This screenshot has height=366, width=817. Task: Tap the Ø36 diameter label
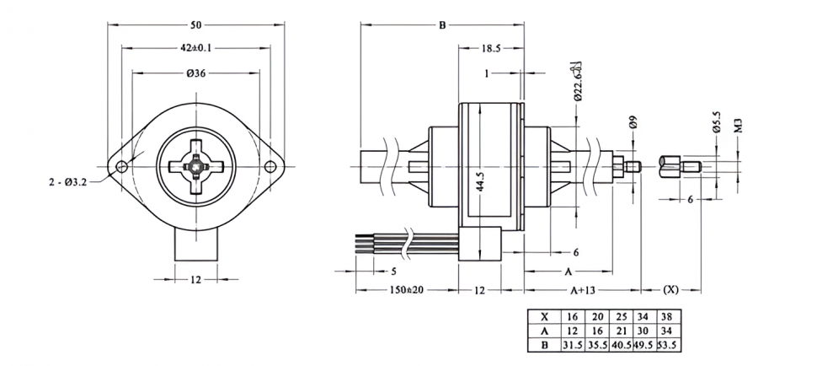pos(195,73)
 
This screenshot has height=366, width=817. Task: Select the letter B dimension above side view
pos(442,25)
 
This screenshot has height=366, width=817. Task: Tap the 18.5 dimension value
pos(492,49)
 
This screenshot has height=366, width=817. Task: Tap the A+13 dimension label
pos(583,290)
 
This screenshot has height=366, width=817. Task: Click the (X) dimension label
pos(670,290)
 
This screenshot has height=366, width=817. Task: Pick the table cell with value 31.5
pos(573,345)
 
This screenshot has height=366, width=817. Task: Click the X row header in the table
pos(544,316)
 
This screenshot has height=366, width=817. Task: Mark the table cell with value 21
pos(620,331)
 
